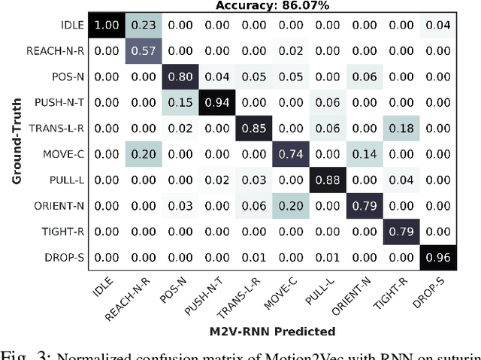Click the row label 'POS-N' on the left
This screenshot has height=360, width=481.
coord(68,76)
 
